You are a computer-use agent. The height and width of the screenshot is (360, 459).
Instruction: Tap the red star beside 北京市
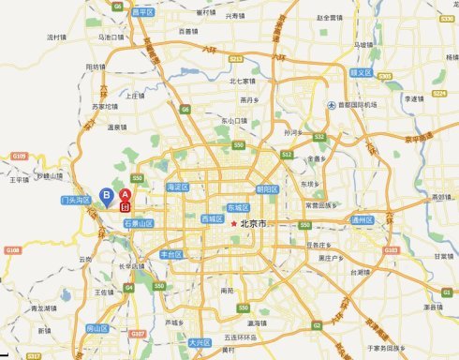233,224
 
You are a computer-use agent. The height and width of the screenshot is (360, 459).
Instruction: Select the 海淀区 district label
177,187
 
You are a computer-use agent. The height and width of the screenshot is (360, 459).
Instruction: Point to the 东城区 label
238,207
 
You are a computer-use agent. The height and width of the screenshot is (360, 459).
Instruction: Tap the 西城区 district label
213,218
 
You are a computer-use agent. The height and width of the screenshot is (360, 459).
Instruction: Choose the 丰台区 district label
171,254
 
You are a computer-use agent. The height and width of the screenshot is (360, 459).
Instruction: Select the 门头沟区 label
73,200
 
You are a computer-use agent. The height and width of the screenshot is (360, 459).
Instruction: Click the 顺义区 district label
362,72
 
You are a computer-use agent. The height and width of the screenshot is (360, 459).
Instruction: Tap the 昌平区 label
142,12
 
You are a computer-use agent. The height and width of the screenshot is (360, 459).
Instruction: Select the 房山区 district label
97,328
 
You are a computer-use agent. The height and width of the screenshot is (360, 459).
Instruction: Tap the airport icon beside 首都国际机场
331,104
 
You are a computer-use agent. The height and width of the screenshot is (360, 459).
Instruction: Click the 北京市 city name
254,224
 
